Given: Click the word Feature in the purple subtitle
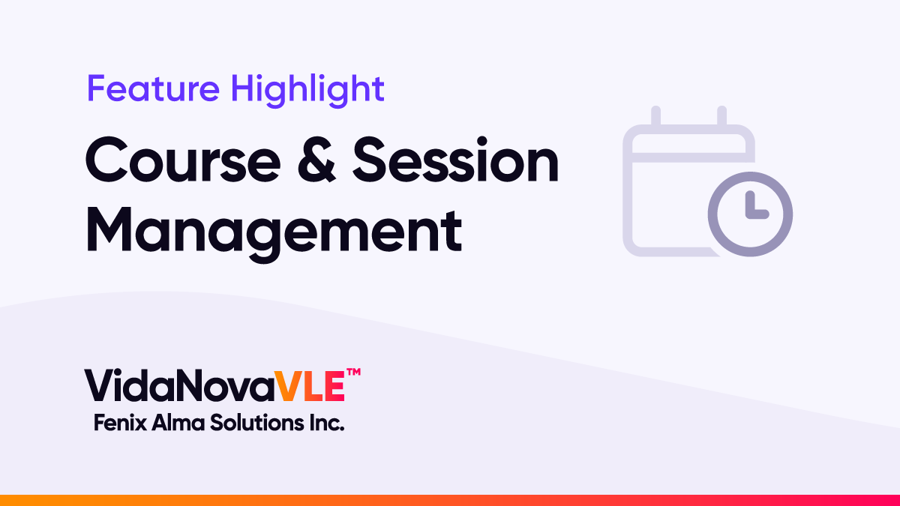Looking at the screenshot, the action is point(154,88).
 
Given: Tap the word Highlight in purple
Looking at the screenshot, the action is point(307,91).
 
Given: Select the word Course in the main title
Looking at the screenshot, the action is point(183,160).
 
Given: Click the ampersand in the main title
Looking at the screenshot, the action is point(316,160).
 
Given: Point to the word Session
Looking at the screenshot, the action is point(456,160).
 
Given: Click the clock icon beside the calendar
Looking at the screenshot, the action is point(750,214).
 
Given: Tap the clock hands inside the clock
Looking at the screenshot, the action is point(756,205).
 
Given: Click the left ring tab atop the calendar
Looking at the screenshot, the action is point(655,115).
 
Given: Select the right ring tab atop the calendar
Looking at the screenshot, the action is point(721,115).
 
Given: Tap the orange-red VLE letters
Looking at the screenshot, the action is point(310,385).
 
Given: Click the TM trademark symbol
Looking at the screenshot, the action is point(353,372).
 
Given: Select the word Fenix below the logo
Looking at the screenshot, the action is point(120,423).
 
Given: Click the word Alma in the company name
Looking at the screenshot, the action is point(178,423).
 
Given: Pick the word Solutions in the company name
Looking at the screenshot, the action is point(257,423).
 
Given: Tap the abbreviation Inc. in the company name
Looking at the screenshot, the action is point(327,423).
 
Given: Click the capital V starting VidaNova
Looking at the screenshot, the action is point(100,385).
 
